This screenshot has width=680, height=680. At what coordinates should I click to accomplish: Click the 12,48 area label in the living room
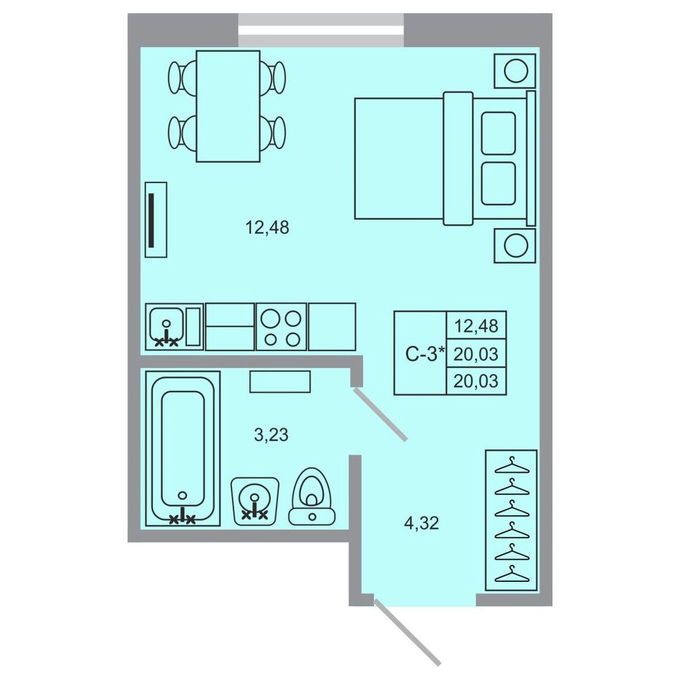pyautogui.click(x=267, y=228)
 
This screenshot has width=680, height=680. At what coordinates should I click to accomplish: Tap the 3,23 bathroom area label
pyautogui.click(x=271, y=435)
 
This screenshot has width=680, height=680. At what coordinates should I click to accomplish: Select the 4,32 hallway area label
pyautogui.click(x=422, y=524)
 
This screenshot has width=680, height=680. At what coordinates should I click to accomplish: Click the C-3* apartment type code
pyautogui.click(x=425, y=354)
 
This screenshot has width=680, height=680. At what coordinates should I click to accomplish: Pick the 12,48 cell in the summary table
pyautogui.click(x=476, y=326)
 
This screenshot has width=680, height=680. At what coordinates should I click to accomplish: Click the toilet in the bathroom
pyautogui.click(x=313, y=496)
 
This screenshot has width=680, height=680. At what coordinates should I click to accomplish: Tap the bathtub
pyautogui.click(x=182, y=449)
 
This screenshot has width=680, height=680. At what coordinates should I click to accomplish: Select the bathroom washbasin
pyautogui.click(x=254, y=501)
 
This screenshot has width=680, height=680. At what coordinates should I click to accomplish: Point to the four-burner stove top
pyautogui.click(x=281, y=326)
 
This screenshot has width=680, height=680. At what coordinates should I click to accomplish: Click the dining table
pyautogui.click(x=228, y=106)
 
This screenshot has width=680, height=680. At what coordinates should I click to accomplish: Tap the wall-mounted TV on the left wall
pyautogui.click(x=156, y=220)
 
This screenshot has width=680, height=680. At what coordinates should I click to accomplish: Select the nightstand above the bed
pyautogui.click(x=515, y=71)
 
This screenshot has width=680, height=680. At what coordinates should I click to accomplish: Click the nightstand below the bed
pyautogui.click(x=515, y=245)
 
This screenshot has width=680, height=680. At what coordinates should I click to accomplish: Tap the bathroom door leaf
pyautogui.click(x=381, y=415)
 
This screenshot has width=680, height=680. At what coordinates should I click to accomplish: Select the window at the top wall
pyautogui.click(x=321, y=30)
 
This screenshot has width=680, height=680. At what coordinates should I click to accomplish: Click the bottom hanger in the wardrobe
pyautogui.click(x=512, y=573)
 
